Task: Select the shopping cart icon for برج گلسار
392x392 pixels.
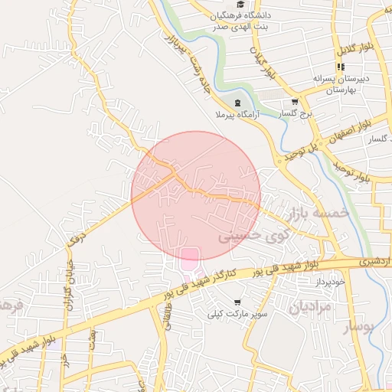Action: (x=295, y=101)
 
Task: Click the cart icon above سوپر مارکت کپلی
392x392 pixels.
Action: (x=237, y=302)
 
